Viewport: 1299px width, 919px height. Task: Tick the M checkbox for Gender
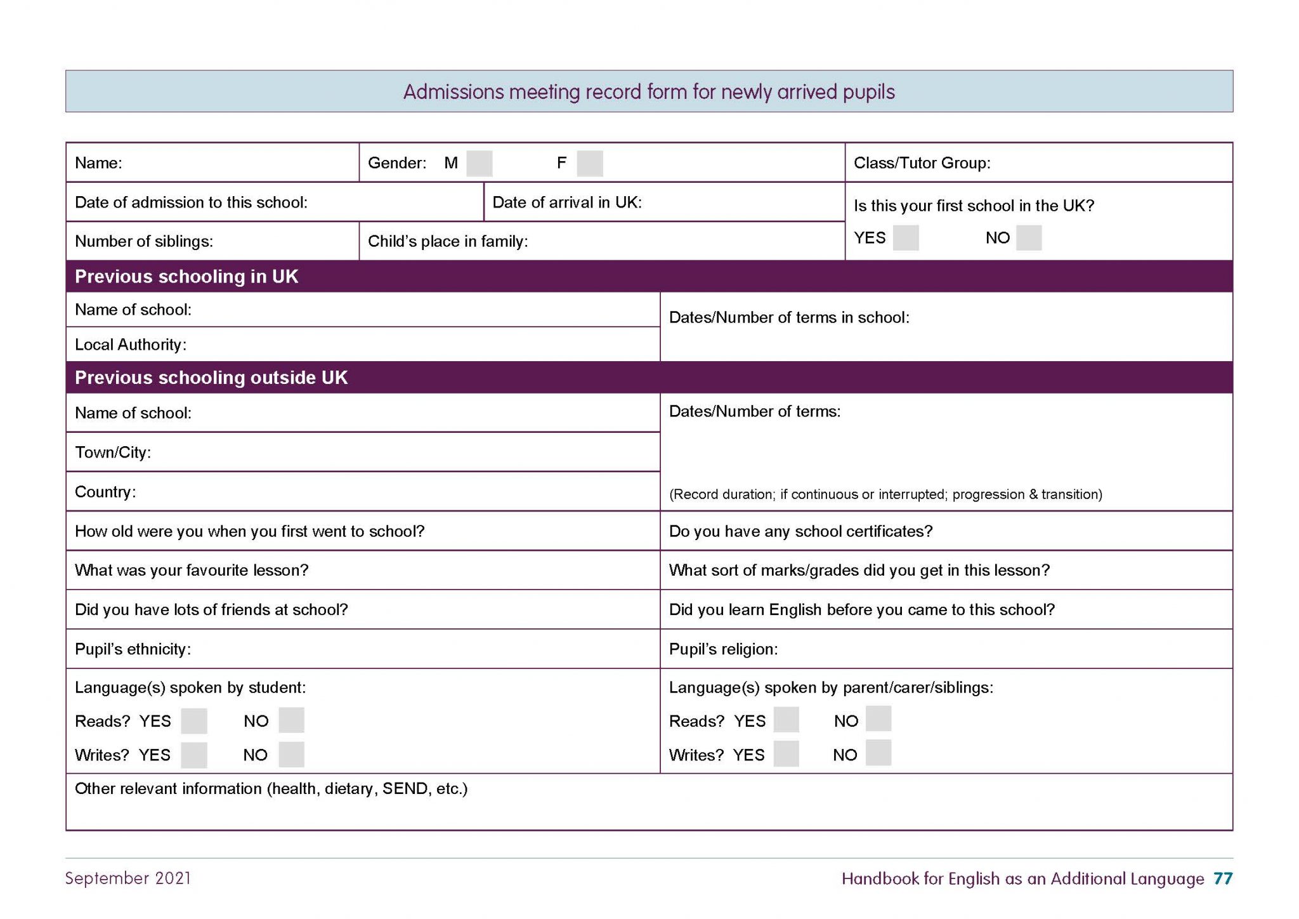pyautogui.click(x=479, y=163)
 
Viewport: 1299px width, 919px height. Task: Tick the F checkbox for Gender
pyautogui.click(x=589, y=163)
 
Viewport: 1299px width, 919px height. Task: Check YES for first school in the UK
pyautogui.click(x=905, y=238)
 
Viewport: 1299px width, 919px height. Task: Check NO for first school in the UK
pyautogui.click(x=1028, y=238)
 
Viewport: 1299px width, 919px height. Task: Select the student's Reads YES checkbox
pyautogui.click(x=193, y=721)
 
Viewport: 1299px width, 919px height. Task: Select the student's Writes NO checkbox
pyautogui.click(x=291, y=755)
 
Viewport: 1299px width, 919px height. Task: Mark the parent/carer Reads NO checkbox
pyautogui.click(x=878, y=719)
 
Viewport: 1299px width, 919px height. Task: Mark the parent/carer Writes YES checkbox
pyautogui.click(x=786, y=754)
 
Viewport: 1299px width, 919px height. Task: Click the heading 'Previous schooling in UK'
pyautogui.click(x=186, y=277)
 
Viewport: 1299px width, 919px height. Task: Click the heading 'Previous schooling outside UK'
pyautogui.click(x=211, y=378)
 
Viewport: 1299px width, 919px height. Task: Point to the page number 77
pyautogui.click(x=1222, y=878)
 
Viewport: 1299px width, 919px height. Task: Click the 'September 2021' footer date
pyautogui.click(x=127, y=878)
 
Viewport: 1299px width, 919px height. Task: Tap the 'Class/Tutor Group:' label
pyautogui.click(x=922, y=163)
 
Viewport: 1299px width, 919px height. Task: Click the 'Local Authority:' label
pyautogui.click(x=130, y=345)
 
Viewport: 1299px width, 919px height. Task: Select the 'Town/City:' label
pyautogui.click(x=112, y=453)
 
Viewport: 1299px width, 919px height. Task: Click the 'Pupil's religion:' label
pyautogui.click(x=723, y=649)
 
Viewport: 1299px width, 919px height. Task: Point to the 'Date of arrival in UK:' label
pyautogui.click(x=566, y=202)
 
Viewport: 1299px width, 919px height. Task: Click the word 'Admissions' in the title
pyautogui.click(x=453, y=92)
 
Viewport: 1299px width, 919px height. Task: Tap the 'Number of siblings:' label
pyautogui.click(x=143, y=242)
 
